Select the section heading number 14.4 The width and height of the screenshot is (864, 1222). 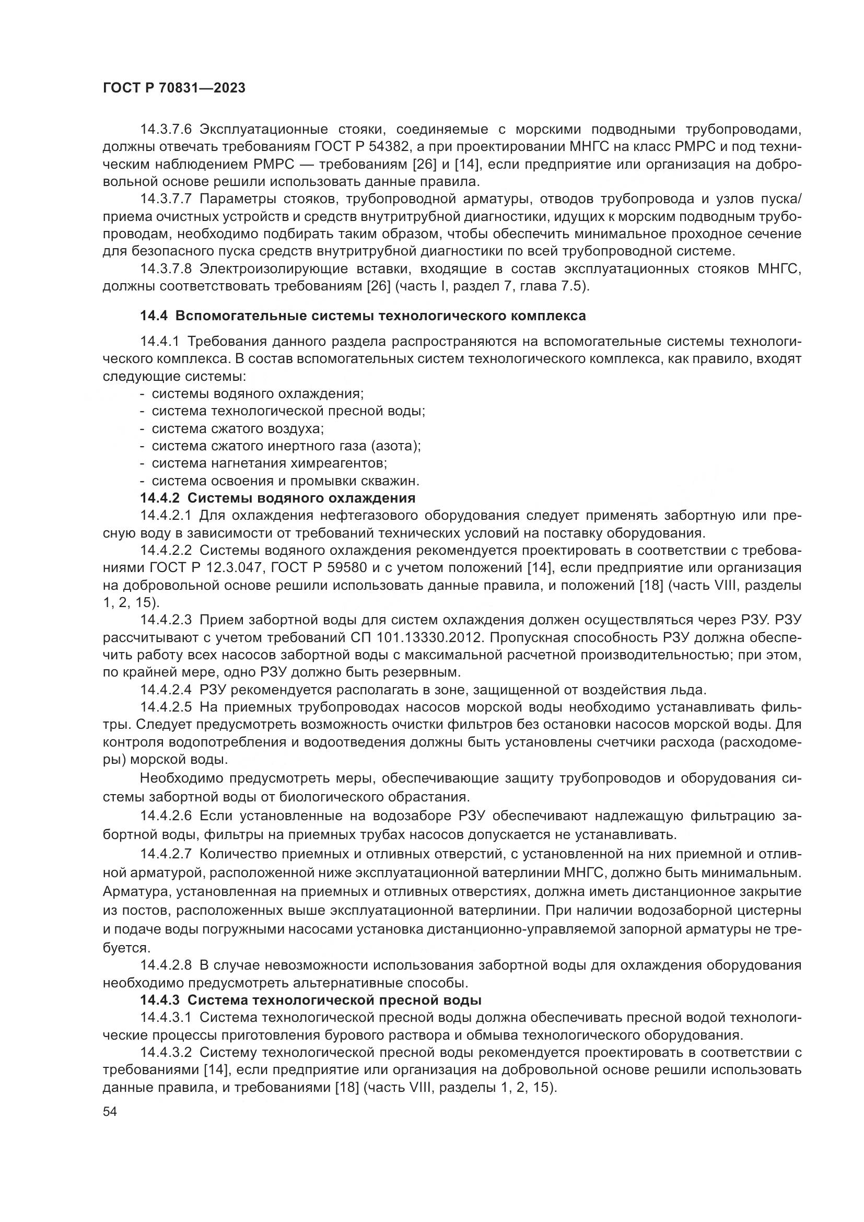tap(154, 316)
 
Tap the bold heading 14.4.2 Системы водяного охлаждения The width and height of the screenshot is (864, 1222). tap(277, 498)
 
